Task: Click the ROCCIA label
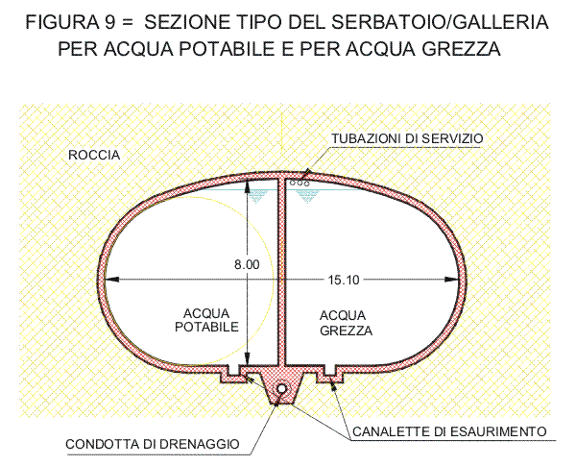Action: (94, 156)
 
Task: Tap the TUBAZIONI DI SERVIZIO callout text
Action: (407, 138)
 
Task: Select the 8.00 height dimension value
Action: (247, 264)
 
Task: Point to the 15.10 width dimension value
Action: (344, 280)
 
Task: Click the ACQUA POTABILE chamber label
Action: (206, 320)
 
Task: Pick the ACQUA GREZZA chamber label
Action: (346, 323)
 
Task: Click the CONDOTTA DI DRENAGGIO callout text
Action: (152, 444)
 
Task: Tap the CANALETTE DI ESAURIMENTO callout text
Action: (449, 431)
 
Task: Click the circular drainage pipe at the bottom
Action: (281, 389)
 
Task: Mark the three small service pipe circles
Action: (300, 183)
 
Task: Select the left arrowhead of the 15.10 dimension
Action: (112, 280)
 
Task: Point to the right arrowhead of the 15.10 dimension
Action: (452, 280)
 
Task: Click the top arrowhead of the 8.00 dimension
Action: (248, 186)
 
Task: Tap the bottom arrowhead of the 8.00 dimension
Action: (248, 358)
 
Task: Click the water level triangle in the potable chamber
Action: (258, 196)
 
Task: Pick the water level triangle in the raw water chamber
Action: (308, 196)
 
